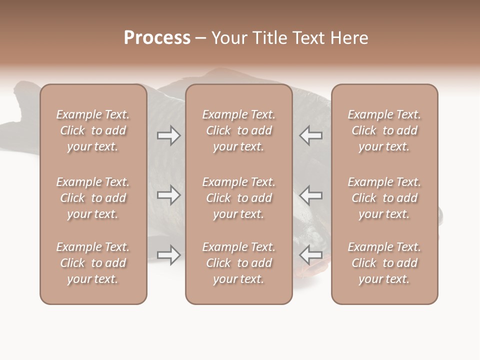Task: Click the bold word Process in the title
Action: pyautogui.click(x=157, y=38)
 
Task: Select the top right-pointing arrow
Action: pyautogui.click(x=169, y=135)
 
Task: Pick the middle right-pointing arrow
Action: pyautogui.click(x=169, y=195)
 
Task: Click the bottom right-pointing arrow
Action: pyautogui.click(x=169, y=255)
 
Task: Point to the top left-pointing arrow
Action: pyautogui.click(x=310, y=135)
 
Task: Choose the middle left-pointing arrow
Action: pyautogui.click(x=310, y=195)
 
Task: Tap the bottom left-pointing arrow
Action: pyautogui.click(x=310, y=255)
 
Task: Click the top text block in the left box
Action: pyautogui.click(x=93, y=130)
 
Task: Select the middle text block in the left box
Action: pyautogui.click(x=93, y=198)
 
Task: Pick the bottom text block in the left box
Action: pyautogui.click(x=93, y=263)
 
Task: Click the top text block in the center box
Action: pyautogui.click(x=238, y=130)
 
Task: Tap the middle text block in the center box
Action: pyautogui.click(x=238, y=198)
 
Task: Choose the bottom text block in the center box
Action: pyautogui.click(x=238, y=263)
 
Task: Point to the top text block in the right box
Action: pyautogui.click(x=384, y=130)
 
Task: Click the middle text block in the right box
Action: pyautogui.click(x=384, y=198)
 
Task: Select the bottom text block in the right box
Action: pyautogui.click(x=384, y=263)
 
